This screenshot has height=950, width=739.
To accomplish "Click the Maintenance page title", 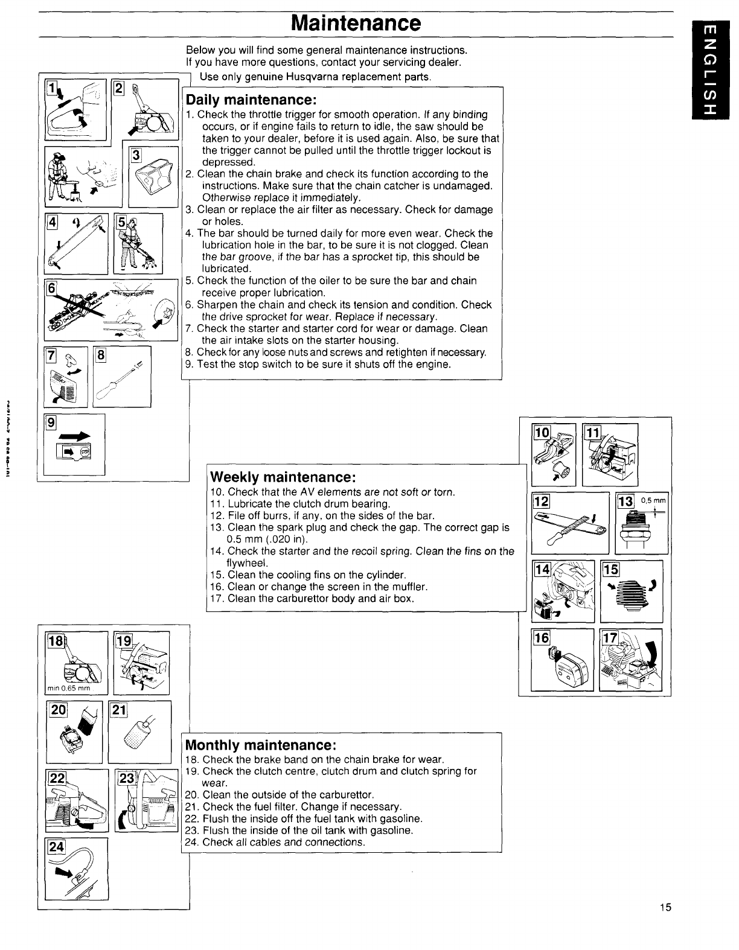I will click(355, 24).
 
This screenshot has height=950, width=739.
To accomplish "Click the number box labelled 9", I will click(51, 423).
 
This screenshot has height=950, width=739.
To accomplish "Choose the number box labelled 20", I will click(58, 712).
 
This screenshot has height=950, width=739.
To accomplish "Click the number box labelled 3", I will click(136, 155).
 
